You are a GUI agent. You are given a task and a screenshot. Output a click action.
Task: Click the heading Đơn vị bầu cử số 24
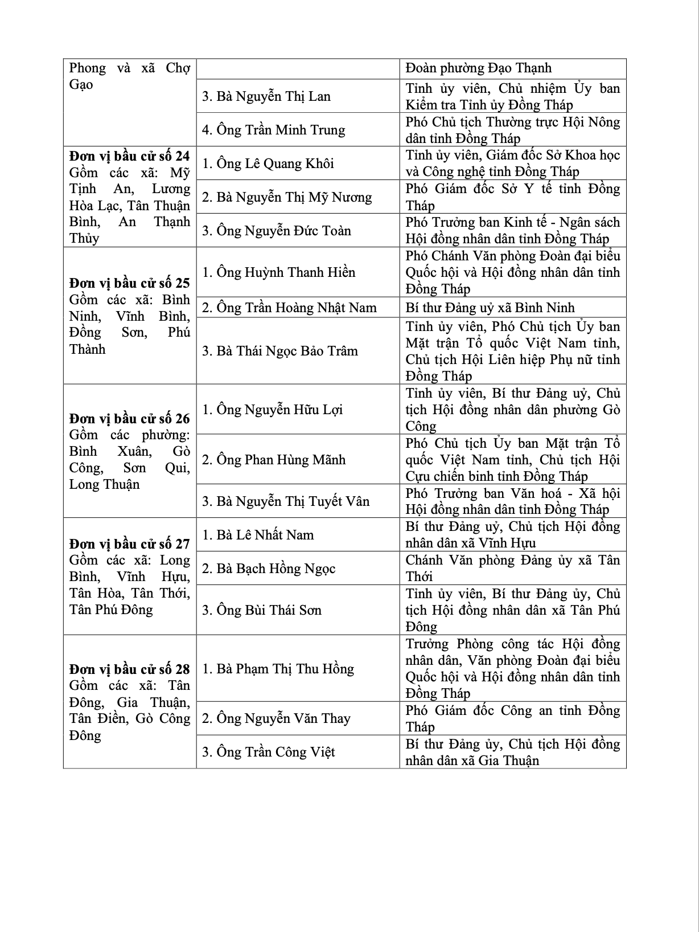(129, 156)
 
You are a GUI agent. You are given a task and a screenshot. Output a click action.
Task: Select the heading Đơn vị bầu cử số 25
(129, 283)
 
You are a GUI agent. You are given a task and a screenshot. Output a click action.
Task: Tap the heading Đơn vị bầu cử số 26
(129, 419)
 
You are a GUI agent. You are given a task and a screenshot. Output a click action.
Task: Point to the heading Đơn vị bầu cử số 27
(129, 543)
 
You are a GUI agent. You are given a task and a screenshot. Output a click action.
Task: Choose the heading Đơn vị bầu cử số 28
(129, 669)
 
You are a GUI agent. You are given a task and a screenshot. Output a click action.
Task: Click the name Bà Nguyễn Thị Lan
(266, 96)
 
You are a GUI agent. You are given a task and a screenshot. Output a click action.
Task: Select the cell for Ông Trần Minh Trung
(274, 130)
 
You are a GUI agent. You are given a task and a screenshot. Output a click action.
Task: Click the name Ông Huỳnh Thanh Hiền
(279, 272)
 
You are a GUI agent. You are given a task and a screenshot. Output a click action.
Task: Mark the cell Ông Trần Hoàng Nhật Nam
(289, 308)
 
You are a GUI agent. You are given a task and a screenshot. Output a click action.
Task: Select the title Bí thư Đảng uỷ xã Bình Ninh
(490, 308)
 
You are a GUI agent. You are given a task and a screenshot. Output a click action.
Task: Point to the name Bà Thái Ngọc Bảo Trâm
(280, 351)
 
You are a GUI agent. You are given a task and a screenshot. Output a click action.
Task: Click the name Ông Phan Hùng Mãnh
(274, 460)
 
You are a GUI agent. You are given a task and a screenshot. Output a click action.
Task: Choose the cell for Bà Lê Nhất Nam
(258, 535)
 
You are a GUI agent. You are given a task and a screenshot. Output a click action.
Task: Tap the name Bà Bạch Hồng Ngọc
(269, 569)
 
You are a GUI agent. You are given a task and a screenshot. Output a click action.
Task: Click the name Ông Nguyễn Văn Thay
(276, 718)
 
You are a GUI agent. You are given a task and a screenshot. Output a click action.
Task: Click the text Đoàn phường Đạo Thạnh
(479, 68)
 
